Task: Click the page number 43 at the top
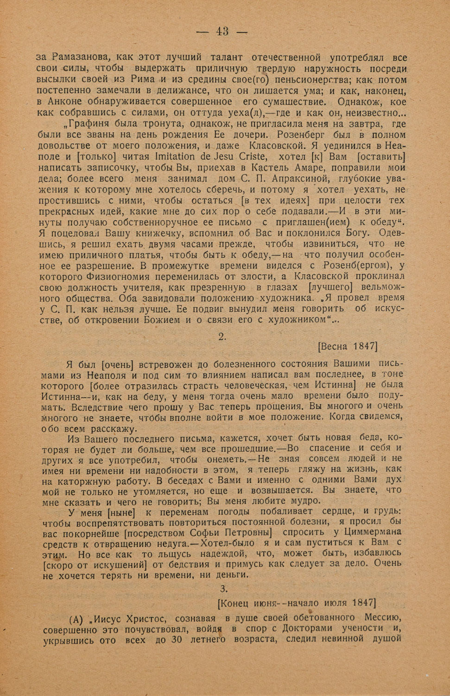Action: coord(222,32)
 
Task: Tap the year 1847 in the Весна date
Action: coord(364,347)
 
